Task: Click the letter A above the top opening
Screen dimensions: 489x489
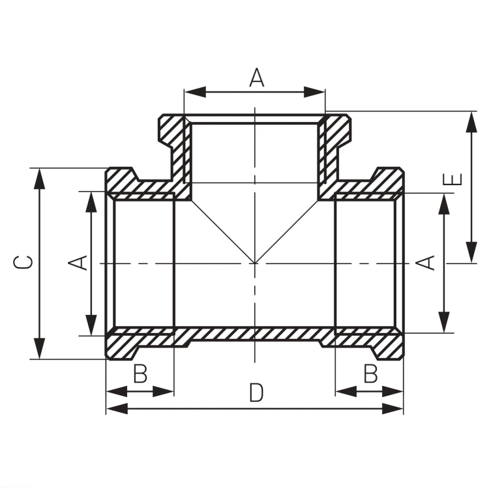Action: coord(257,78)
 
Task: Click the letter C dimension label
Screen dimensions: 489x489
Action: coord(23,262)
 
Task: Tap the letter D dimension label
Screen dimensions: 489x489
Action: coord(256,393)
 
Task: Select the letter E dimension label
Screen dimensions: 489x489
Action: coord(452,179)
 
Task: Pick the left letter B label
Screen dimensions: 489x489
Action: coord(140,374)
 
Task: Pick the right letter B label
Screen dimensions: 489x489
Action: coord(370,374)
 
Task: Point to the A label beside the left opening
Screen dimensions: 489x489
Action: coord(78,263)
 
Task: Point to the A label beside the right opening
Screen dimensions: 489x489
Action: coord(425,263)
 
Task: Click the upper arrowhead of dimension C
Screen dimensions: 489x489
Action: coord(39,179)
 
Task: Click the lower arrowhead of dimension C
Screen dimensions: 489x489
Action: coord(39,348)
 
